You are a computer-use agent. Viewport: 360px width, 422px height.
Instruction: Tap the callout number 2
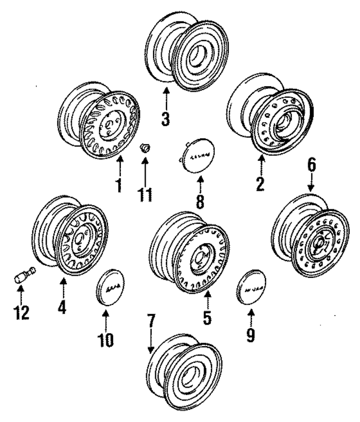[x=260, y=185]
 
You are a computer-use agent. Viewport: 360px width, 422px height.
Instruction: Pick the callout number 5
[x=207, y=318]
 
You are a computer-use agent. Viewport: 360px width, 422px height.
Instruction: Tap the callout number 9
[x=250, y=334]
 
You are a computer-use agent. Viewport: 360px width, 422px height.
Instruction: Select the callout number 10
[x=106, y=339]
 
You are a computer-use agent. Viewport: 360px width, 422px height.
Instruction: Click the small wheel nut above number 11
[x=145, y=149]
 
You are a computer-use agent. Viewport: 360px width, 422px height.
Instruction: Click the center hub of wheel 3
[x=197, y=55]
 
